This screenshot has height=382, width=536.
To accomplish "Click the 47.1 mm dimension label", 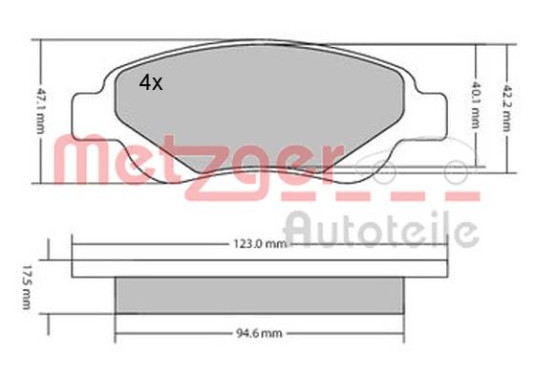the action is pyautogui.click(x=41, y=111).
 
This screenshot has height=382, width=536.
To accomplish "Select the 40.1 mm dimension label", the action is pyautogui.click(x=476, y=105).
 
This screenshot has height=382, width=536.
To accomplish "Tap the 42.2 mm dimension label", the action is pyautogui.click(x=507, y=108).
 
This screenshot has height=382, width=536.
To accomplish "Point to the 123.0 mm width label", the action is pyautogui.click(x=260, y=244).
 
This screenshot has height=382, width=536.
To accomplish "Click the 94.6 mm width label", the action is pyautogui.click(x=260, y=333).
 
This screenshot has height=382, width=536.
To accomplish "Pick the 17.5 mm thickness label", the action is pyautogui.click(x=27, y=287).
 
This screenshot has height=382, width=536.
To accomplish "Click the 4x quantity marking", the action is pyautogui.click(x=151, y=82).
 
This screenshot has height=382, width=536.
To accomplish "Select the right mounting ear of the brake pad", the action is pyautogui.click(x=432, y=115).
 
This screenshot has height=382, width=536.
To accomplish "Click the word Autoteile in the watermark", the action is pyautogui.click(x=381, y=229).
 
